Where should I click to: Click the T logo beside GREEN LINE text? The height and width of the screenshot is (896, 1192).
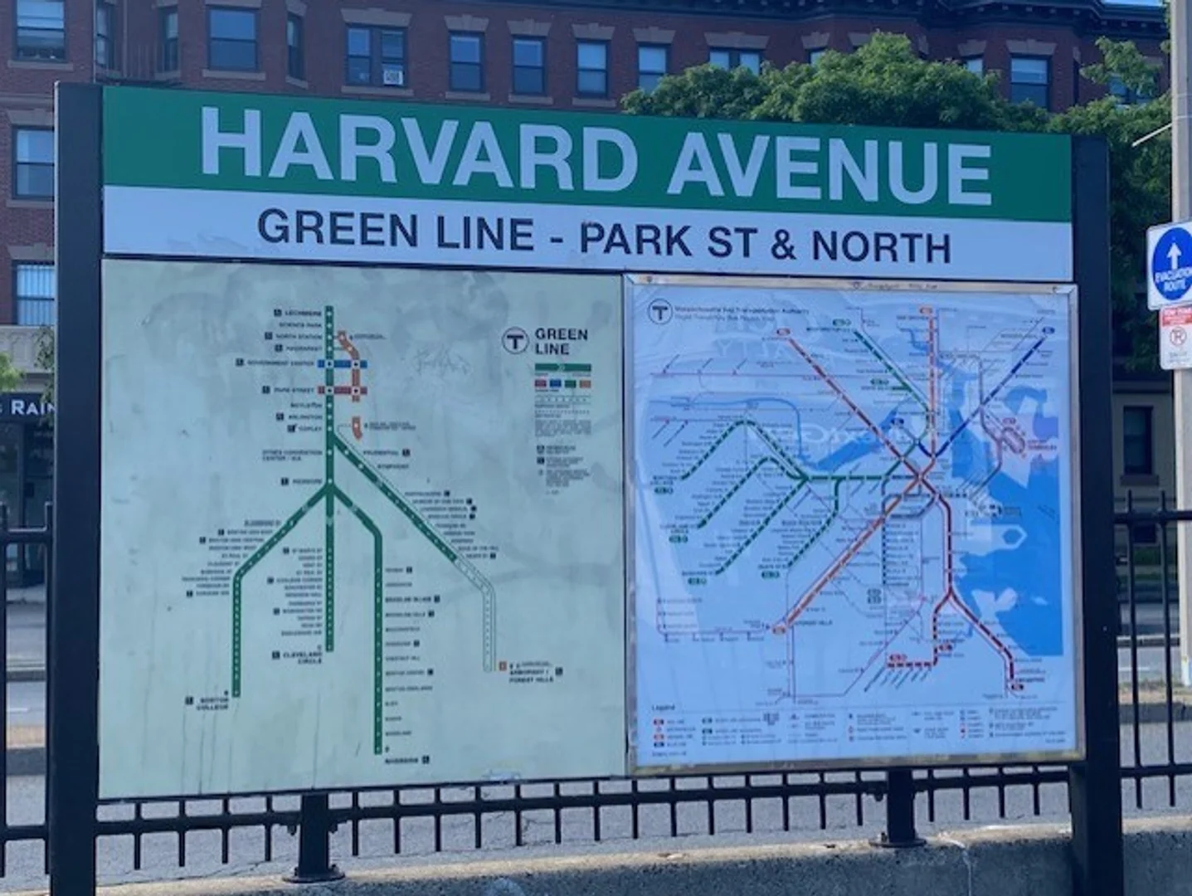[515, 340]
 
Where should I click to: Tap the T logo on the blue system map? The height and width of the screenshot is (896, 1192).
[659, 312]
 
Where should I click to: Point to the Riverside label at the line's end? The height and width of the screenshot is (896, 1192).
[403, 759]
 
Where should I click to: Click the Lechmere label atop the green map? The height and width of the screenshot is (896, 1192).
[303, 313]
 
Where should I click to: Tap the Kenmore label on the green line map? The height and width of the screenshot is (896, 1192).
[306, 481]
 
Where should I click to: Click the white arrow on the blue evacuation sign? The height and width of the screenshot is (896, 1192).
[1173, 256]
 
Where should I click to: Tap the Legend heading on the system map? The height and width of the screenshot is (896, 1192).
[663, 709]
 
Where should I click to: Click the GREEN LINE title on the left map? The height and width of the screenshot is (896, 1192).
[561, 341]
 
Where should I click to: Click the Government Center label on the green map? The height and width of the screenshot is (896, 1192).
[280, 363]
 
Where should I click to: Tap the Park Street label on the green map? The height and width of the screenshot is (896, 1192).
[293, 389]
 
